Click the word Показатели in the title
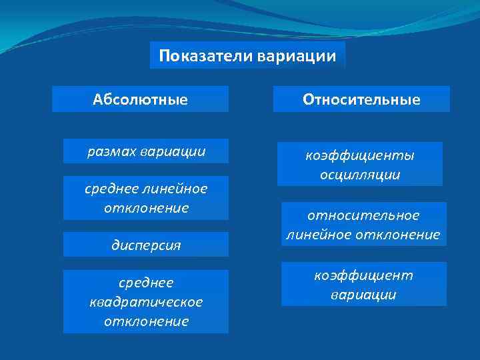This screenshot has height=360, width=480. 202,55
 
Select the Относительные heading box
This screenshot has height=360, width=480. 361,100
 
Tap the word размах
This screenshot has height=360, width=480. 112,152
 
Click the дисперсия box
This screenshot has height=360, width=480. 145,245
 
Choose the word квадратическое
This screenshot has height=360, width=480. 145,302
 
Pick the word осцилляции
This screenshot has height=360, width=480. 359,175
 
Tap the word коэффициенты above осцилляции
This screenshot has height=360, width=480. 359,155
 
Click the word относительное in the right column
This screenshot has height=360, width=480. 363,215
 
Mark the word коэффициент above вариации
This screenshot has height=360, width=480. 363,275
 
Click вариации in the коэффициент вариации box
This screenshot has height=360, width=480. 363,295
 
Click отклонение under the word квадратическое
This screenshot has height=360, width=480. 145,321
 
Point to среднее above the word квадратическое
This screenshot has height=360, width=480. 145,283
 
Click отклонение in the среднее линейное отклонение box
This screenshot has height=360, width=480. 145,208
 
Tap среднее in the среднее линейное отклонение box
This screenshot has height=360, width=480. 107,189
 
